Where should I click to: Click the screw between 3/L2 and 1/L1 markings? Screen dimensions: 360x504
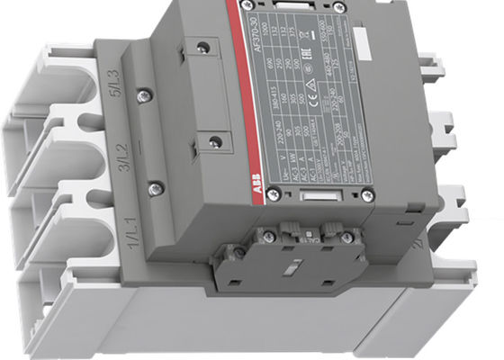pos(156,187)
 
